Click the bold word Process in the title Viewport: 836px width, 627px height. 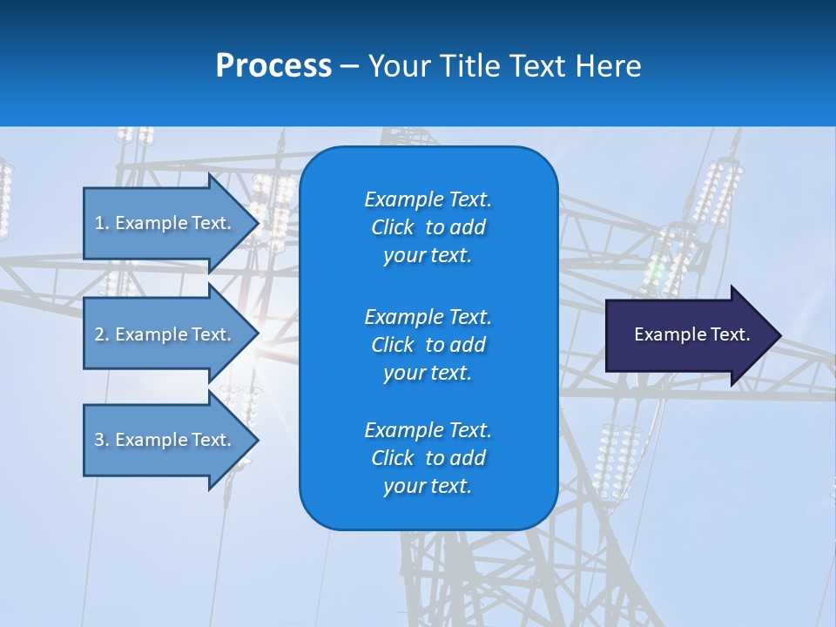(x=273, y=66)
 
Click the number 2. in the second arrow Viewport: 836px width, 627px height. (x=101, y=334)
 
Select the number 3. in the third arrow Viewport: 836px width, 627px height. (x=101, y=440)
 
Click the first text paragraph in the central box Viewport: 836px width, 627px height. (x=428, y=227)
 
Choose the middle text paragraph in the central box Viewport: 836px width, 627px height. (x=428, y=345)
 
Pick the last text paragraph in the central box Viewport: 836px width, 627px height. (x=428, y=458)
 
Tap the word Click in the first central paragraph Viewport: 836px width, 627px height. (x=393, y=227)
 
